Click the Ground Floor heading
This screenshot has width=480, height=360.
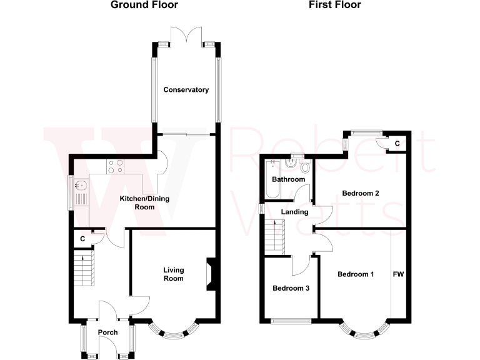144,5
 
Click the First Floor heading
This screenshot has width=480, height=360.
334,5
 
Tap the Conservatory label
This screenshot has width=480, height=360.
186,90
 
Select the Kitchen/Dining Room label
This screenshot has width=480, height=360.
144,203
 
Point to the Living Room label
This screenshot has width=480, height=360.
174,274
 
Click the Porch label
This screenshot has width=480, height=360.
107,332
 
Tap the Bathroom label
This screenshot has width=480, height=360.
288,180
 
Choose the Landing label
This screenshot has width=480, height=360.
294,212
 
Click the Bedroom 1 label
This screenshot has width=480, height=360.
356,274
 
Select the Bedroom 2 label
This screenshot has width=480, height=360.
361,194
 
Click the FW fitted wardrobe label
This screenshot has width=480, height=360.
398,274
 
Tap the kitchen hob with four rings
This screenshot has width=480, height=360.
116,166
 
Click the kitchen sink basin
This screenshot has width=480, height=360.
81,185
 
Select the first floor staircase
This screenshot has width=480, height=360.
274,237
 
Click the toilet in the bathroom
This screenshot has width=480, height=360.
305,167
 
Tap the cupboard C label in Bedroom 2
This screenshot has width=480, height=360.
396,144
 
